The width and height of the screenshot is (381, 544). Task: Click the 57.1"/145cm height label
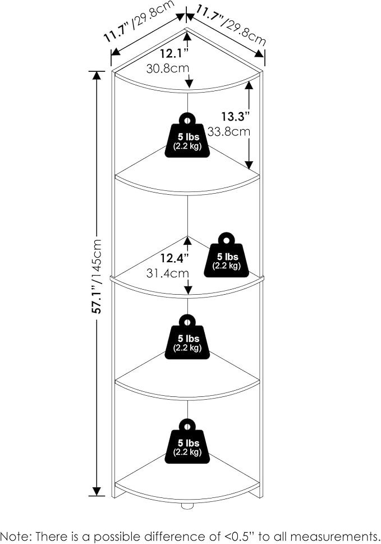coord(98,276)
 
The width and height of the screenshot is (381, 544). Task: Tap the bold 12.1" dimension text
coord(174,54)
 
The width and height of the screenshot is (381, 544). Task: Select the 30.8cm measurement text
coord(168,68)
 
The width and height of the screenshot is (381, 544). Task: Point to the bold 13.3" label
coord(236,116)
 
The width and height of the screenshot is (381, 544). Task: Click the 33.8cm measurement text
coord(229,131)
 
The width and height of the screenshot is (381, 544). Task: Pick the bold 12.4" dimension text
coord(175,258)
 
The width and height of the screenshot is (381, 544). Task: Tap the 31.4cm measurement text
coord(168,273)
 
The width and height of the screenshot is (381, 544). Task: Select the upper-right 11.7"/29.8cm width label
coord(230,25)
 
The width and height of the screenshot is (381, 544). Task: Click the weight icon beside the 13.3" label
coord(187,135)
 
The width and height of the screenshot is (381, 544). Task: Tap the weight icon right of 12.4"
coord(227,255)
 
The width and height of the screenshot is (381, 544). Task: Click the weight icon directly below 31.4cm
coord(187,337)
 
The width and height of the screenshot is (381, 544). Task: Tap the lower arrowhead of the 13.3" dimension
coord(249,165)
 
